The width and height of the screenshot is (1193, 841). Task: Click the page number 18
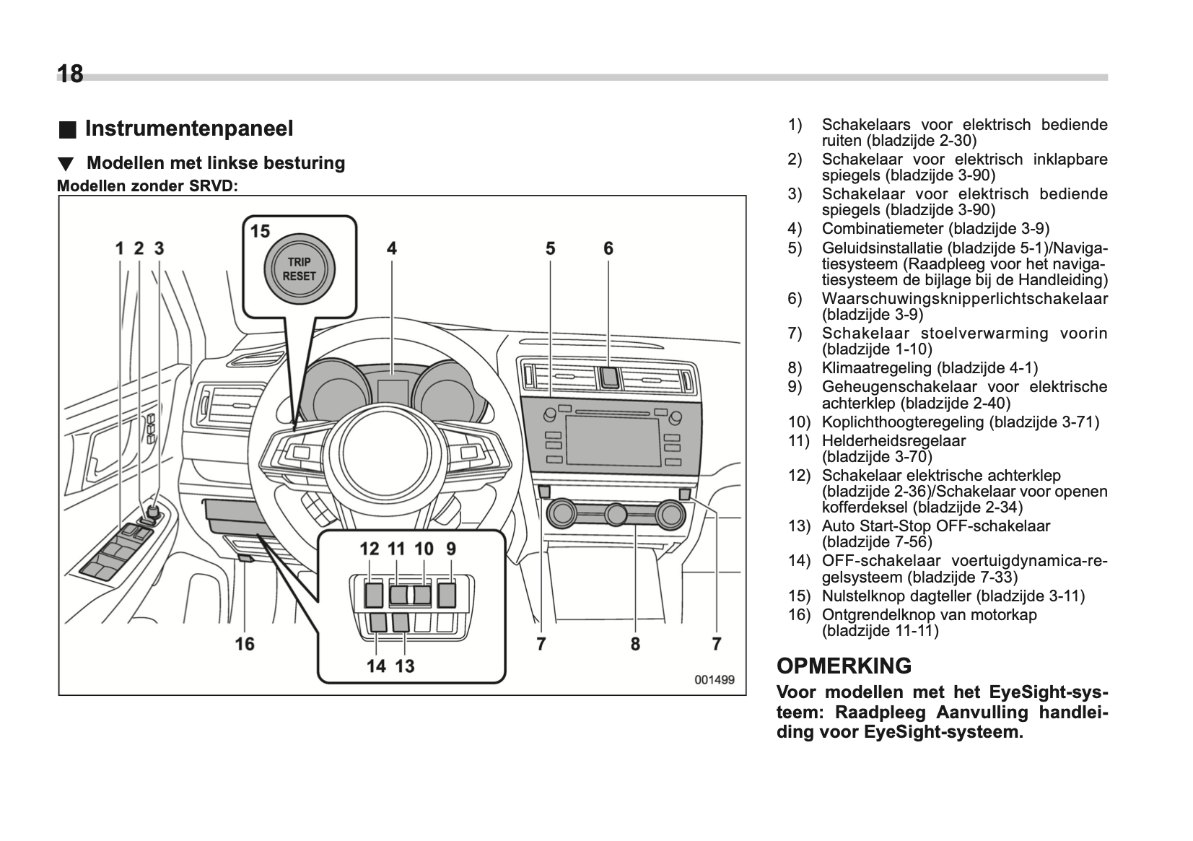[70, 74]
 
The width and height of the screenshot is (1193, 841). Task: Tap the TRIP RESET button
[299, 269]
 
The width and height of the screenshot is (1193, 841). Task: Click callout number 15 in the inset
[260, 231]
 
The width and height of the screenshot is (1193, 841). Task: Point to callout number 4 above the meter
[391, 248]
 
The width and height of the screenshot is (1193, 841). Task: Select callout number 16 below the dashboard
[245, 643]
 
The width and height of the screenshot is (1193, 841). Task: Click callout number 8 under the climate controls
[635, 643]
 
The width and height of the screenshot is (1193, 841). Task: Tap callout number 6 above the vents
[608, 248]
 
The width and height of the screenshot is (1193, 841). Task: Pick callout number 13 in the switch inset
[405, 666]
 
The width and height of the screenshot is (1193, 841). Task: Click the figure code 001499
[714, 679]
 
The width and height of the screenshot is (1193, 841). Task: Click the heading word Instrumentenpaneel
[189, 128]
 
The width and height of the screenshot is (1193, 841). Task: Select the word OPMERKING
[844, 666]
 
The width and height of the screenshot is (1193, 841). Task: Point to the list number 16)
[799, 615]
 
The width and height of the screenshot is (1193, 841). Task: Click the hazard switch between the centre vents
[609, 377]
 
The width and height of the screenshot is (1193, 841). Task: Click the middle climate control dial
[616, 514]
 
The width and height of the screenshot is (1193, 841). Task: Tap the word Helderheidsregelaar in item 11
[893, 440]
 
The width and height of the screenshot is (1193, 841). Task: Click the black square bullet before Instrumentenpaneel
[66, 130]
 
